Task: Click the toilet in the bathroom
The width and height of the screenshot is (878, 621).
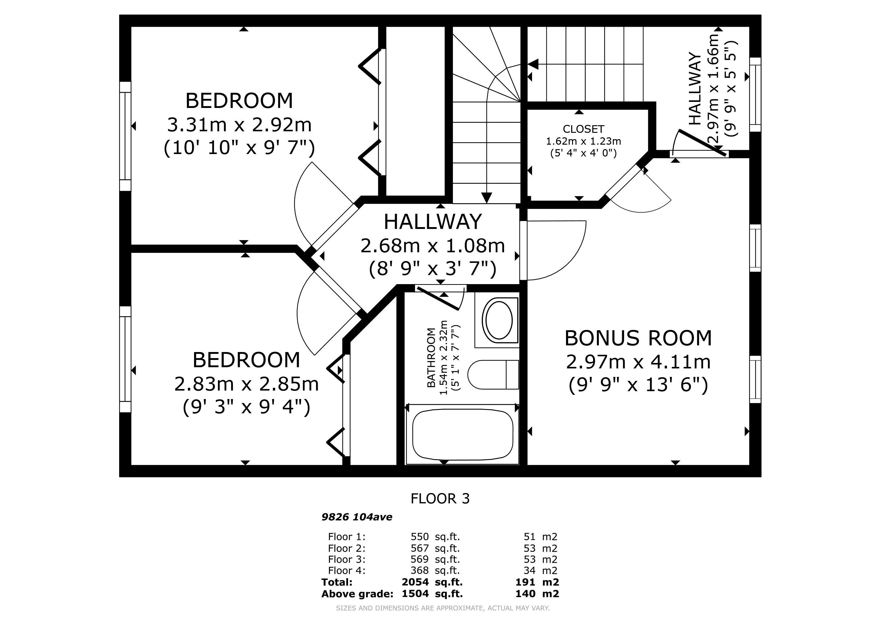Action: [493, 374]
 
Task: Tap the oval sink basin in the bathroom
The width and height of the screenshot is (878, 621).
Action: [499, 320]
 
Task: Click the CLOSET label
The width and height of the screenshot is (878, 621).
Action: [583, 129]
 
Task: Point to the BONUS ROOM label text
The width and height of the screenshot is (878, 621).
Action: [638, 338]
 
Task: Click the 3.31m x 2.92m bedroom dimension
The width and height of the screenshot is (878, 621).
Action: [240, 125]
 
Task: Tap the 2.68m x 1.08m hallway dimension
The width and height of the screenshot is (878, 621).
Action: [433, 246]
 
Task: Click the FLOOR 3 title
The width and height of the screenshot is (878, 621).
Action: [440, 498]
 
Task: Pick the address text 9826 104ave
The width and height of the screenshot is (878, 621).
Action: [357, 517]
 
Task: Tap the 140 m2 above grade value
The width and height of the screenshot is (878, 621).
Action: [537, 593]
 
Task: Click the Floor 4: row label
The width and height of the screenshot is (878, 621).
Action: [347, 571]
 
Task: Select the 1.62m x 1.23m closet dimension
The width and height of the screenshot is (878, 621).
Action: [583, 141]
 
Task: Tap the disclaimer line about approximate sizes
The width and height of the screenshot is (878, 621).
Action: [442, 608]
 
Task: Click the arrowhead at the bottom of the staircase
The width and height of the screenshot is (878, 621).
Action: [486, 197]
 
